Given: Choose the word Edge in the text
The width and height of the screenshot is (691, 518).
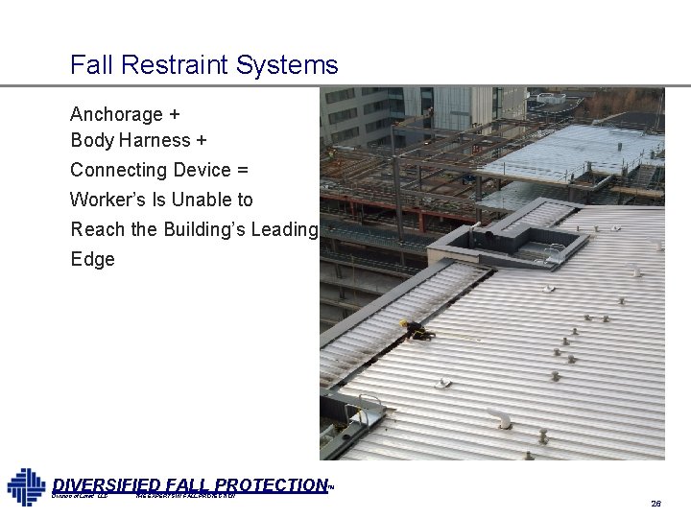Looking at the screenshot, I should (x=92, y=259).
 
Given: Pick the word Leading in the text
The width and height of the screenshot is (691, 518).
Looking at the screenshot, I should (x=282, y=230).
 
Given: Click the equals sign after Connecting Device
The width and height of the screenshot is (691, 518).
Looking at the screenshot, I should (x=242, y=171).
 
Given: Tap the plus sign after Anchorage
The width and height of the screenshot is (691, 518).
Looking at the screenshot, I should (x=174, y=114).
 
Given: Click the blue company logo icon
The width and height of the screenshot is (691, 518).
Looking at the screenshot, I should (x=26, y=486).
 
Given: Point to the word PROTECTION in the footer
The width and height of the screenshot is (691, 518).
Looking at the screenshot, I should (x=274, y=485).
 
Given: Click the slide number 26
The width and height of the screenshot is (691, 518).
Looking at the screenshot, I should (x=655, y=503).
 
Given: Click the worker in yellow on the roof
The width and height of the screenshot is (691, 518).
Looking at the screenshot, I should (x=418, y=330).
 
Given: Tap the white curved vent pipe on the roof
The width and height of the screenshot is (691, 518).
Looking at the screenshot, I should (x=498, y=418).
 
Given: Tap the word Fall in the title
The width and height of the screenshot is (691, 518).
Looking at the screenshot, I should (x=86, y=65).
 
